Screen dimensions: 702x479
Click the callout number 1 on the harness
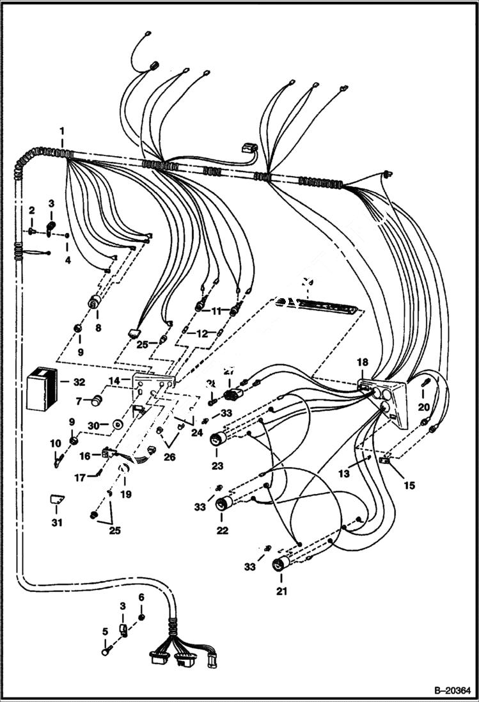[x=62, y=132]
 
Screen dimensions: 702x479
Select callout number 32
[x=78, y=383]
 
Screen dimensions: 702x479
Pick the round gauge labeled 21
[x=279, y=565]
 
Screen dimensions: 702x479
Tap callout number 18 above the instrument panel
[x=363, y=362]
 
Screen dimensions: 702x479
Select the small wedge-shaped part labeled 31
[x=58, y=500]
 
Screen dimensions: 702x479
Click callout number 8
[x=98, y=328]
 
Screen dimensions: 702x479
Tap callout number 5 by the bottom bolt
[x=106, y=633]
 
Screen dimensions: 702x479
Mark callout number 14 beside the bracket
[x=113, y=381]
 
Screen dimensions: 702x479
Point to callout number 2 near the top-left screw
[x=31, y=211]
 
